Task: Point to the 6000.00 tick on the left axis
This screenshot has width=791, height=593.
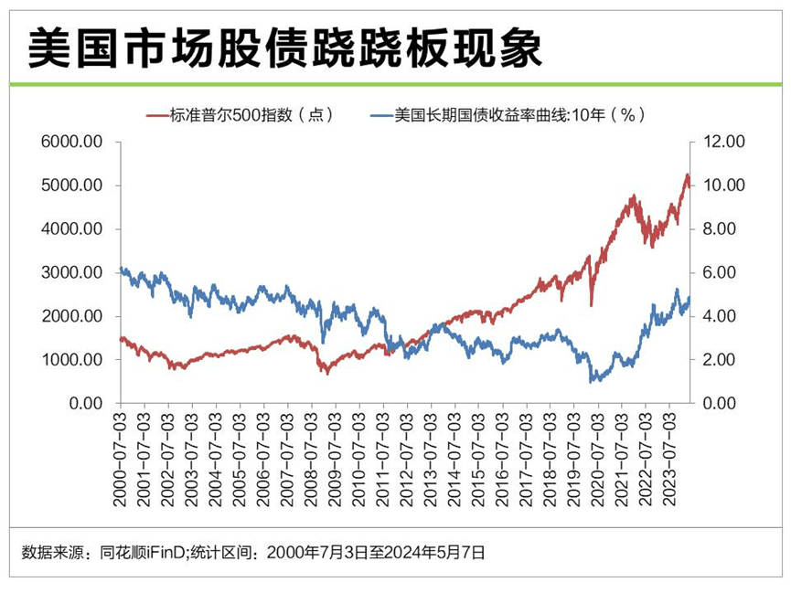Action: (73, 142)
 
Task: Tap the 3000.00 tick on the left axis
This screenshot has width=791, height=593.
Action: (73, 272)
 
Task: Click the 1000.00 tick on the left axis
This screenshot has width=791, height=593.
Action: (73, 360)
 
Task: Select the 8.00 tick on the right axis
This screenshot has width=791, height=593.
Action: (722, 229)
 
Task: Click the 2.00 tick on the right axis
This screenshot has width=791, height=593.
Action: (722, 360)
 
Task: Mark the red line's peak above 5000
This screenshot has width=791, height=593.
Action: (687, 175)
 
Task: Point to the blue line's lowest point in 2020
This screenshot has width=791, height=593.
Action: (592, 380)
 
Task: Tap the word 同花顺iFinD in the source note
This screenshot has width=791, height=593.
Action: (139, 552)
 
